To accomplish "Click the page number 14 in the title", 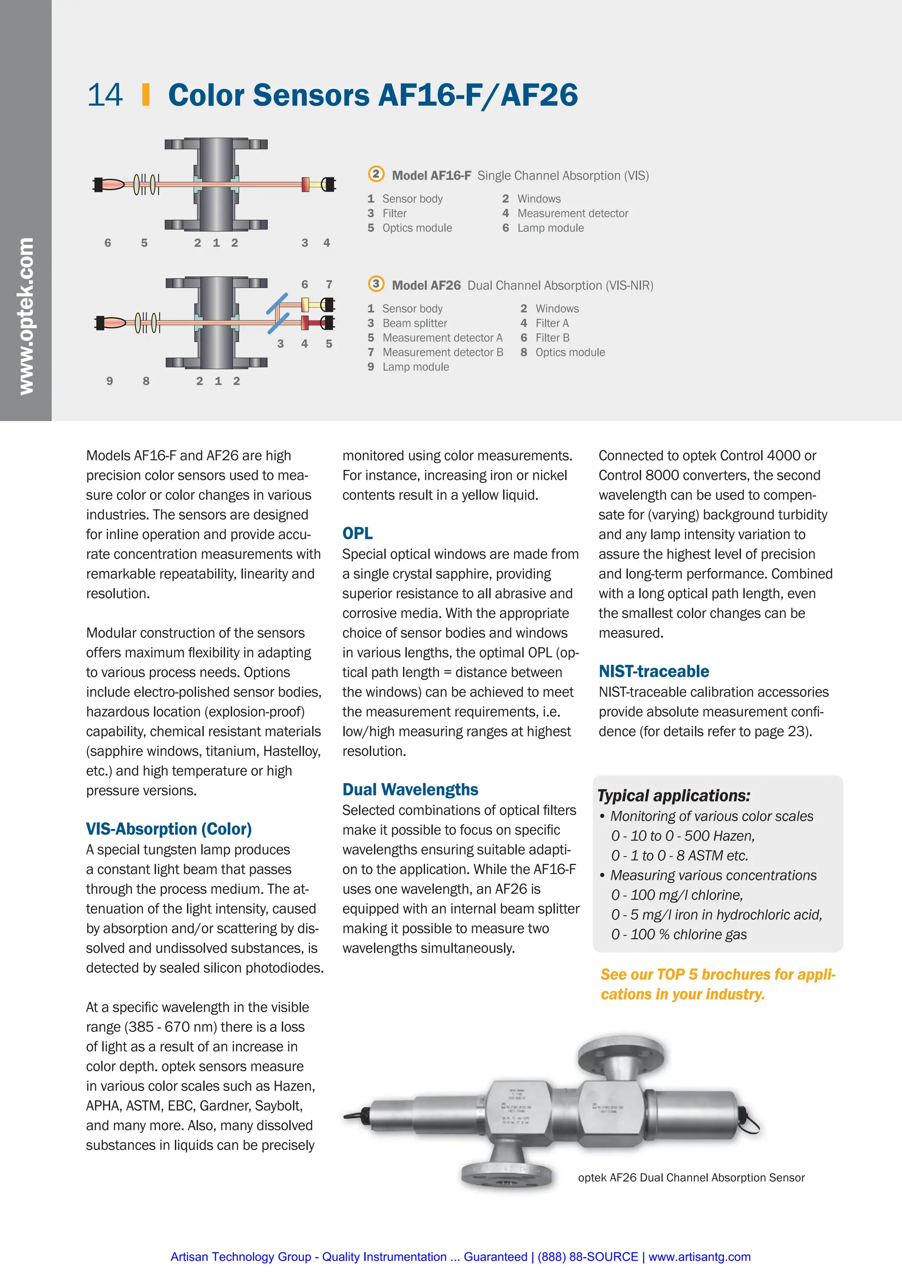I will pos(104,95).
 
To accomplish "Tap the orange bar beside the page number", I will pos(146,95).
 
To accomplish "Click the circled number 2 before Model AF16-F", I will pos(376,174).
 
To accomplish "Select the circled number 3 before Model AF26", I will pos(376,284).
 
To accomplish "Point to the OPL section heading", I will pos(357,533).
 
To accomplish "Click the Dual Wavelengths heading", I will pos(410,790).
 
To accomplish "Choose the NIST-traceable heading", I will pos(653,671).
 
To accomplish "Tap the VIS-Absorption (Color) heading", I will pos(168,829).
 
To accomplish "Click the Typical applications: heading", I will pos(673,796).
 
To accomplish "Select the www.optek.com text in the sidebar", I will pos(26,316).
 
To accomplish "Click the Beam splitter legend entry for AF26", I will pos(414,323).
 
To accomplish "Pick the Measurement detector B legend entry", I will pos(442,352).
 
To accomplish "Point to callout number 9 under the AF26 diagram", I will pos(110,381).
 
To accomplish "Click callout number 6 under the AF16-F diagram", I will pos(108,243).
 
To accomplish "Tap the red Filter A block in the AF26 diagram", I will pos(306,322).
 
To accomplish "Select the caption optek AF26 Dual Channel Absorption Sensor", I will pos(691,1178).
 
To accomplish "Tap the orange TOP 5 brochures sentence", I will pos(717,984).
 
